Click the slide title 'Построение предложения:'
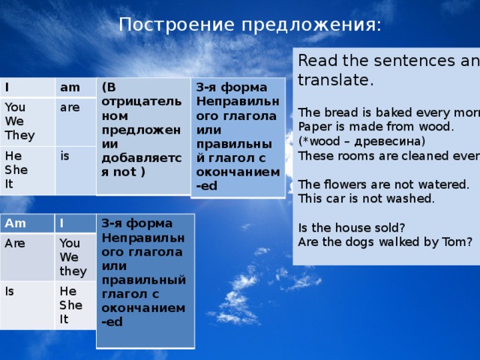(250, 25)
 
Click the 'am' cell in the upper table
(70, 88)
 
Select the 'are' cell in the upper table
(70, 108)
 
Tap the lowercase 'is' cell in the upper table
(66, 156)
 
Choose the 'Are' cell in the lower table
(16, 244)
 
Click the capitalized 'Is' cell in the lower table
(11, 292)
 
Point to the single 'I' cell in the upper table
(7, 88)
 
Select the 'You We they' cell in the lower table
(73, 256)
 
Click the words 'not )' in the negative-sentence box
(130, 171)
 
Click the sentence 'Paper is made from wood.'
(376, 126)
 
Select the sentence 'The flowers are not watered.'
(383, 184)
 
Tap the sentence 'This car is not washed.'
(366, 199)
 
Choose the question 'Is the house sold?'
(351, 227)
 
